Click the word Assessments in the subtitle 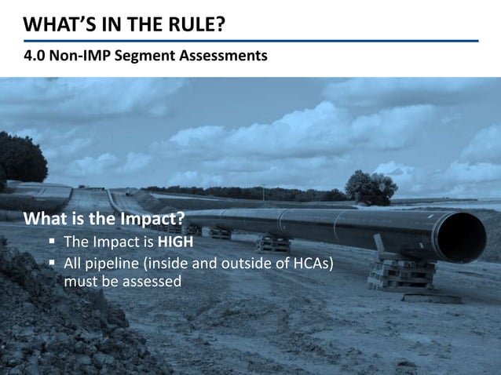pos(222,56)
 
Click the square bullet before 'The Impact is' pos(53,242)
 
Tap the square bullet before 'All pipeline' pos(53,263)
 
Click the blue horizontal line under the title pos(251,41)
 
